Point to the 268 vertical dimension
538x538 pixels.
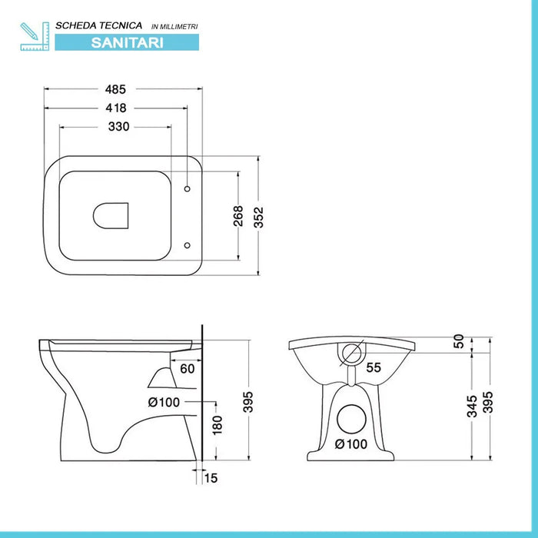(238, 215)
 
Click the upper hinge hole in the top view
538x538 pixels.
(188, 188)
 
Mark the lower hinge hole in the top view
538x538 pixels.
(188, 245)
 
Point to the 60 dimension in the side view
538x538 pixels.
(188, 368)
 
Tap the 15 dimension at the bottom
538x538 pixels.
(212, 478)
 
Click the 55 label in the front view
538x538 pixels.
(374, 368)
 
